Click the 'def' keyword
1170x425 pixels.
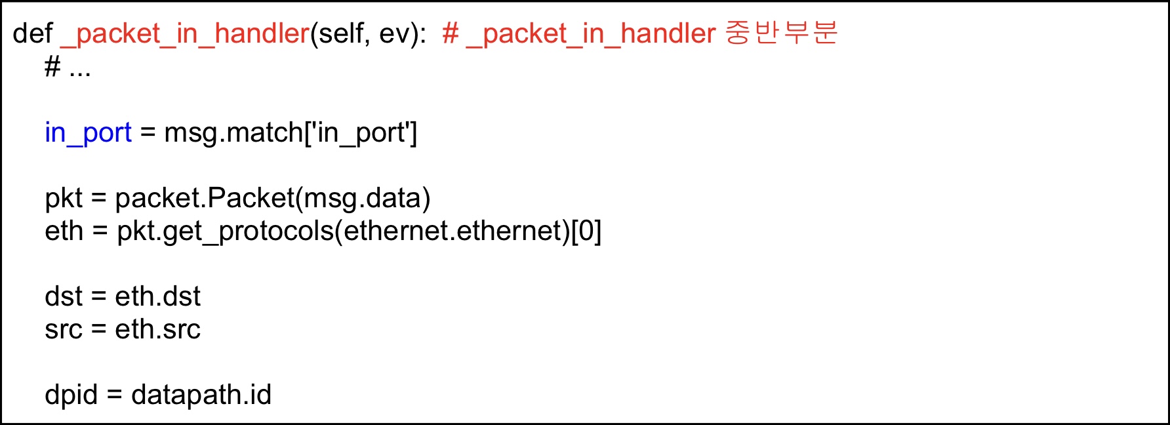click(32, 33)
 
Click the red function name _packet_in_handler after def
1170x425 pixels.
click(185, 33)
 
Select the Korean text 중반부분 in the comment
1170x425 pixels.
click(781, 33)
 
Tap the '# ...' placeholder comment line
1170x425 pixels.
click(68, 67)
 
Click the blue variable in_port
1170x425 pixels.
click(88, 133)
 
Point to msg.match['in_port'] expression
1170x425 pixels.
click(291, 133)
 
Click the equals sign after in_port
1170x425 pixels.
click(148, 133)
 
